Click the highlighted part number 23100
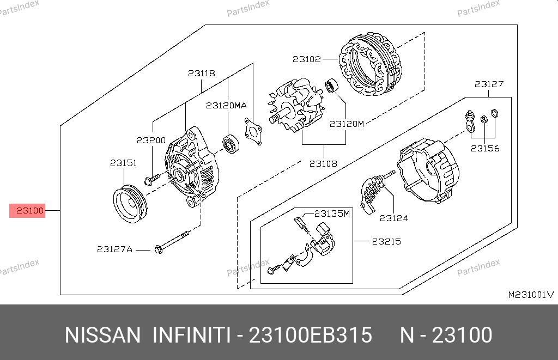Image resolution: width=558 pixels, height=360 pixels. click(30, 211)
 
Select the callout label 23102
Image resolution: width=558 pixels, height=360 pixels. click(307, 59)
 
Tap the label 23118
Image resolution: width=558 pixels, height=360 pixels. click(202, 74)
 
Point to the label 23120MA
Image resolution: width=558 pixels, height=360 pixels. click(226, 105)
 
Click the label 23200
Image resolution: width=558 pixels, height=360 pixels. click(151, 140)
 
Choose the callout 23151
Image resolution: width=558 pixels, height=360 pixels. click(124, 163)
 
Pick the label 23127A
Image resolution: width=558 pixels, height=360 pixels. click(114, 249)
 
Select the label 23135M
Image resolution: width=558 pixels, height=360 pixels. click(332, 213)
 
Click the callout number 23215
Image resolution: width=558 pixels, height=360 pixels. click(386, 241)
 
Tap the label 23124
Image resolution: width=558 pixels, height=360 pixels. click(394, 218)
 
